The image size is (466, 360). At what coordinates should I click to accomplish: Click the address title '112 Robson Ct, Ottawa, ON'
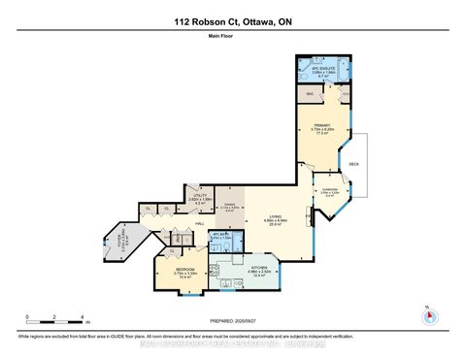point(233,20)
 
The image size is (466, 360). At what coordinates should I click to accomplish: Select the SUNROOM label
point(328,190)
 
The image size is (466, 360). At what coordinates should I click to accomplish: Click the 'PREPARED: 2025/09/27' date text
point(233,321)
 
